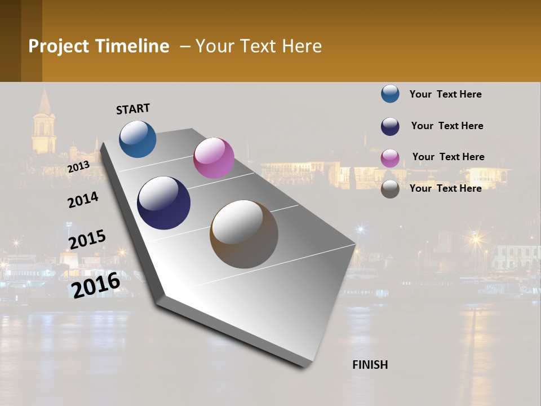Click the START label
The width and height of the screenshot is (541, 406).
click(133, 109)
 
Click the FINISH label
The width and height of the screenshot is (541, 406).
click(370, 365)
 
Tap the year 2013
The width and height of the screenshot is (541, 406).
click(79, 167)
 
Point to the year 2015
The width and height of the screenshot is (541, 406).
click(87, 240)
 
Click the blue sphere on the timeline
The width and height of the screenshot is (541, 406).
click(138, 139)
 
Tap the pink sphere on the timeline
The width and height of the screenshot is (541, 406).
click(214, 158)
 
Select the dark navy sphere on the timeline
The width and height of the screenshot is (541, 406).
click(163, 203)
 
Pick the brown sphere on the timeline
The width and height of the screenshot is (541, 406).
click(244, 234)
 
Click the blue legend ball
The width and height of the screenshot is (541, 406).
click(390, 94)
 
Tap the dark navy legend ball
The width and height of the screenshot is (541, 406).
click(390, 126)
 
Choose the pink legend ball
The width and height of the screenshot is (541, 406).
click(390, 158)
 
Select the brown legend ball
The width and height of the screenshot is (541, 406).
click(390, 189)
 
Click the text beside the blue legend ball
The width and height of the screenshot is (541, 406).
click(445, 94)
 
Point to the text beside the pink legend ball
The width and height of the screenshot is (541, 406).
click(448, 157)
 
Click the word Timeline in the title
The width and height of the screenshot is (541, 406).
click(132, 46)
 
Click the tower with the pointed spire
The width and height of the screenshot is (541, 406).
click(43, 124)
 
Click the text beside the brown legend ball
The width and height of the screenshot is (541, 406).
click(445, 188)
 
